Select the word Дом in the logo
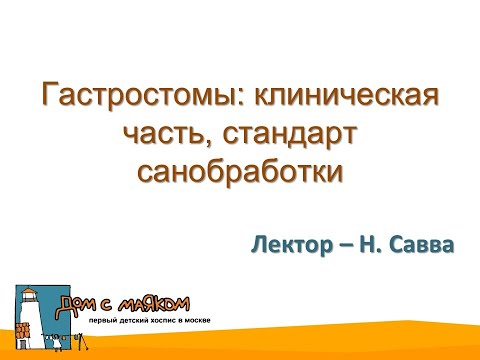click(77, 303)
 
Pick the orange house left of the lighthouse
click(20, 331)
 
